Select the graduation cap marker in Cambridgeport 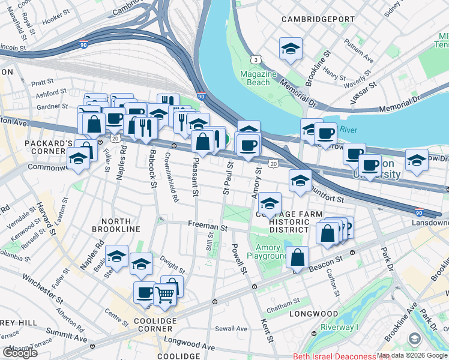tap(291, 50)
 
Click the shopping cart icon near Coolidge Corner tap(165, 294)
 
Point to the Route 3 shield tap(256, 59)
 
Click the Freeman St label tap(206, 228)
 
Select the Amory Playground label tap(268, 252)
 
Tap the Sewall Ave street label tap(231, 328)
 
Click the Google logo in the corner tap(20, 353)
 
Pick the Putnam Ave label tap(359, 51)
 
